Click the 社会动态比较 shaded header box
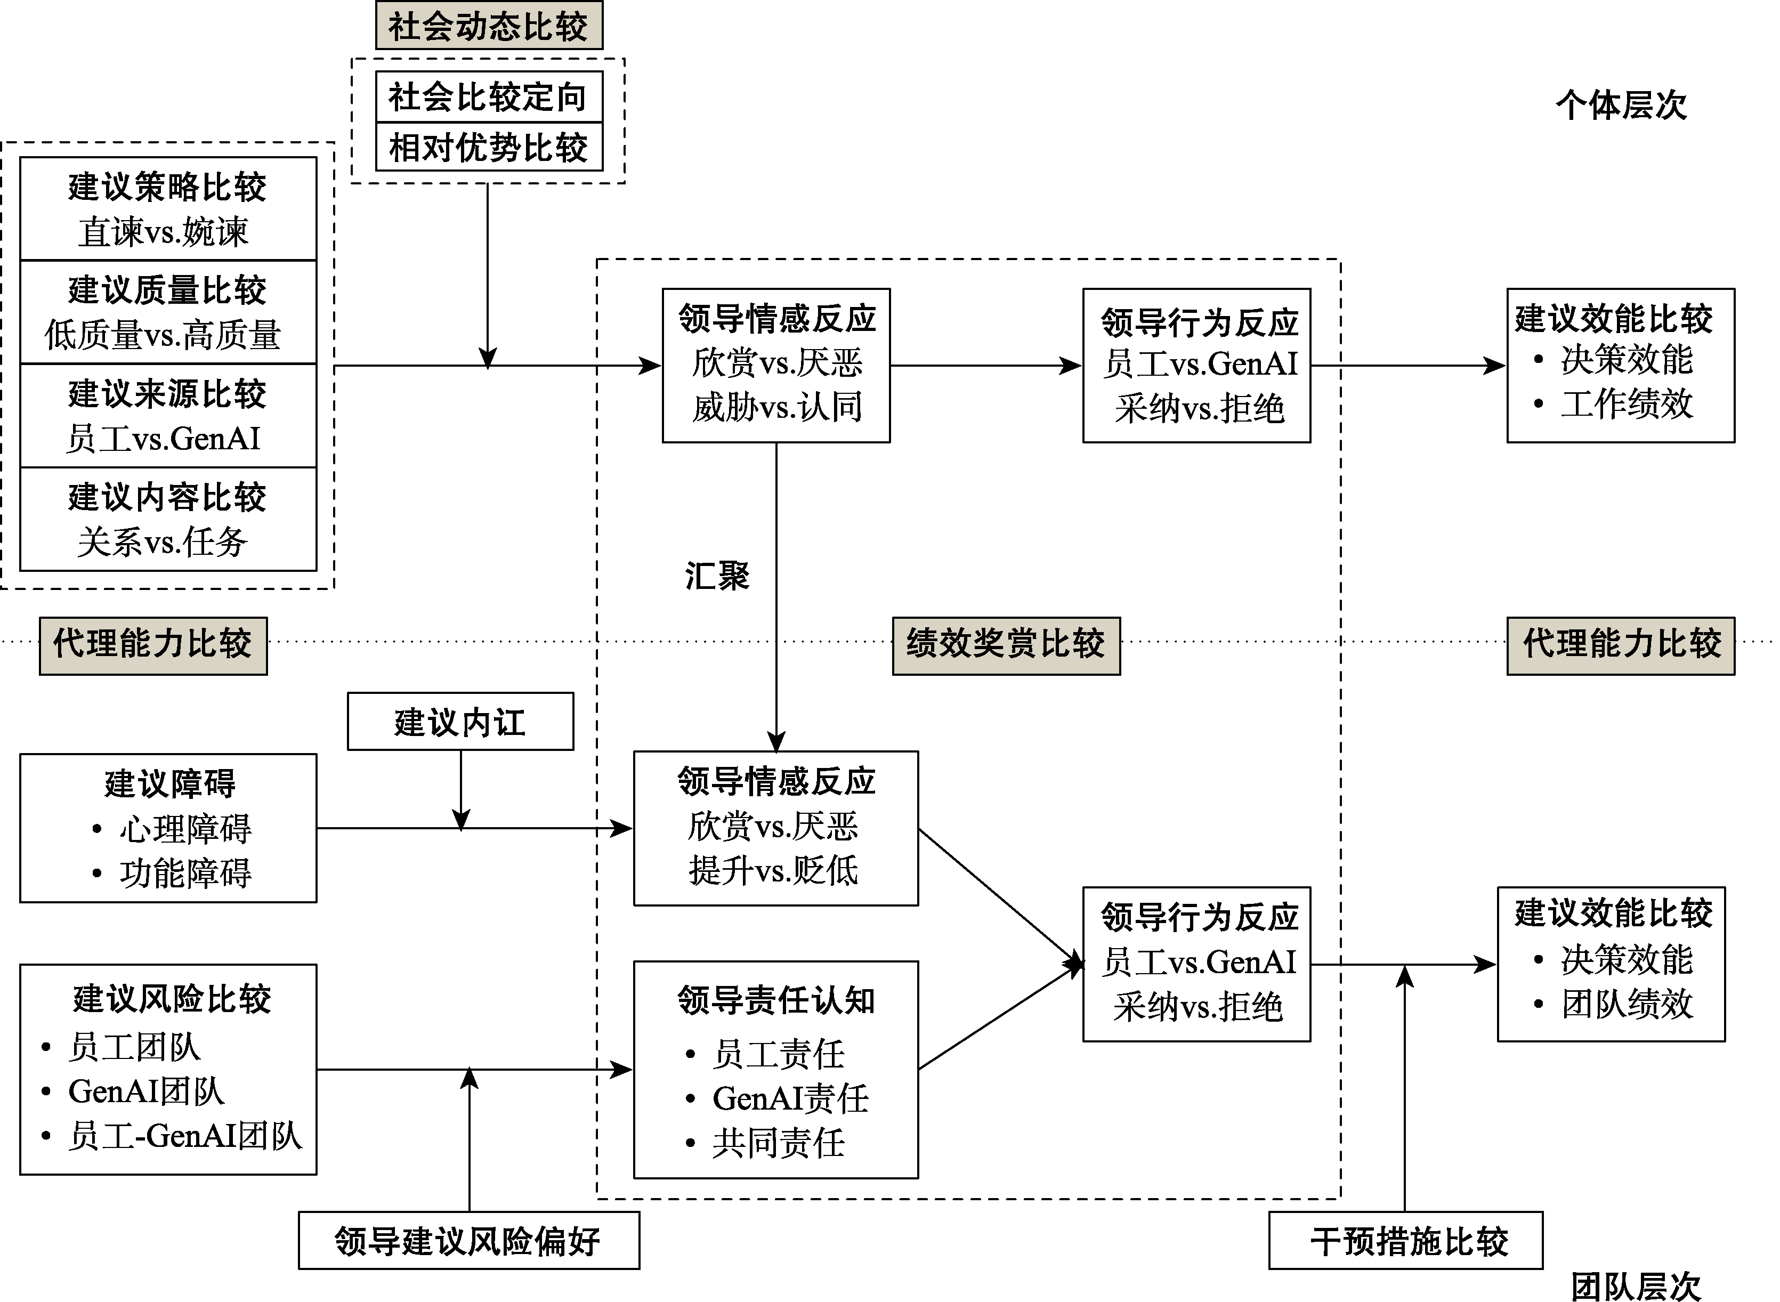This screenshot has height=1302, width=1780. click(x=489, y=26)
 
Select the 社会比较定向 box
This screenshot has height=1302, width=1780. click(x=489, y=97)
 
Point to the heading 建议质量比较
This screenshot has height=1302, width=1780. click(x=167, y=289)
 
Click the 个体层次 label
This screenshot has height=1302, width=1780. click(x=1621, y=105)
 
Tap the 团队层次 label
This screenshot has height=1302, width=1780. click(x=1636, y=1286)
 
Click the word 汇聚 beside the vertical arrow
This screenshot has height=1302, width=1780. click(x=717, y=576)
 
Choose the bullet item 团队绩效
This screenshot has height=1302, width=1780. click(x=1627, y=1004)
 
